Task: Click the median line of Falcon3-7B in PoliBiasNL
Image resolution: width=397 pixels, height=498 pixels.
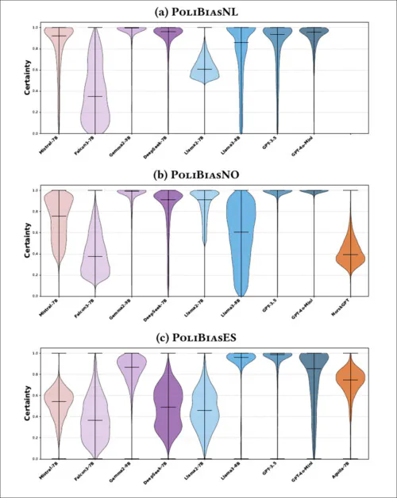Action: [x=95, y=96]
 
